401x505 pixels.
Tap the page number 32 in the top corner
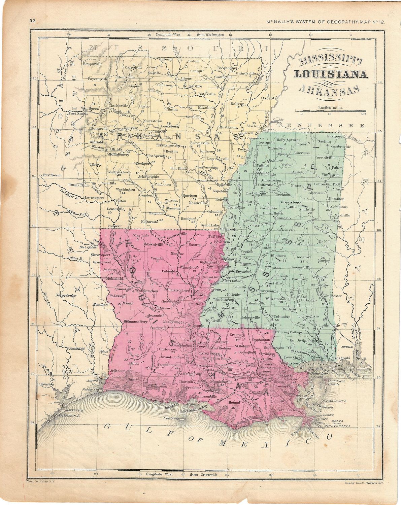32,21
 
